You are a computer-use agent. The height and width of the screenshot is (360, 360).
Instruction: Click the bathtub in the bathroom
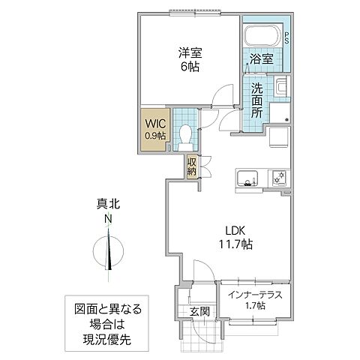tap(261, 34)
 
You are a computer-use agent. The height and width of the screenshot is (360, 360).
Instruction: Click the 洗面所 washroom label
tap(256, 102)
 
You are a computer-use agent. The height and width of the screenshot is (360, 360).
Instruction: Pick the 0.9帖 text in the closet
tap(156, 136)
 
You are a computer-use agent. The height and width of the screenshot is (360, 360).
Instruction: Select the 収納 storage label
tap(193, 167)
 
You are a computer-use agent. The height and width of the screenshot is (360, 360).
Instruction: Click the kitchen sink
tap(247, 178)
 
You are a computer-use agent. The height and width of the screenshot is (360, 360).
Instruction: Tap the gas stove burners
tap(278, 178)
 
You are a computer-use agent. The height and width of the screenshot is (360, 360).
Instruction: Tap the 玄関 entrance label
tap(199, 312)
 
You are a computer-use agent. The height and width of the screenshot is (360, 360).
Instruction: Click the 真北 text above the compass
tap(109, 203)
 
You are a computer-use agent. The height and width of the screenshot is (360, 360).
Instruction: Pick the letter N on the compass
tap(109, 219)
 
